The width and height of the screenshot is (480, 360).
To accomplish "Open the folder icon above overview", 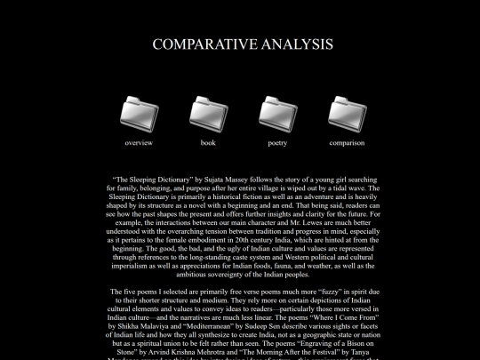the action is click(139, 113).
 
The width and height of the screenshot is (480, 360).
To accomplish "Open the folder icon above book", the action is click(208, 113).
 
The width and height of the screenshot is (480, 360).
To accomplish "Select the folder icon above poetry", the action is click(277, 113).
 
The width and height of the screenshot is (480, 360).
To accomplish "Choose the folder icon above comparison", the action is click(347, 113).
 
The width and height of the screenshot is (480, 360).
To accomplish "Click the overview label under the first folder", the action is click(139, 142).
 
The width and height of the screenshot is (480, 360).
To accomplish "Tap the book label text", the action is click(208, 142).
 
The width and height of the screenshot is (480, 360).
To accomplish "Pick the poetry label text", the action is click(277, 142).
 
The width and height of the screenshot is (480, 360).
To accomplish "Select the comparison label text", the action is click(347, 142).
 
